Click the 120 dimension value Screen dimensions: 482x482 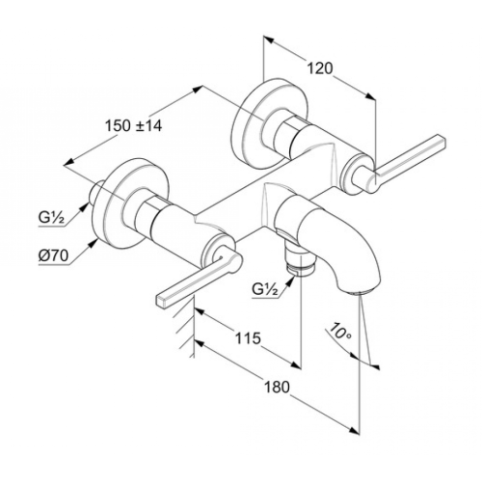320,68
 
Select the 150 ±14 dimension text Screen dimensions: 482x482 134,126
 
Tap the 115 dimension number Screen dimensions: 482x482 248,338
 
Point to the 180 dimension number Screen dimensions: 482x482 277,387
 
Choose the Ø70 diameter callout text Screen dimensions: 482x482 54,256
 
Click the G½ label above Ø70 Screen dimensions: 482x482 52,219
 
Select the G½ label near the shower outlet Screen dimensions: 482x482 265,290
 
